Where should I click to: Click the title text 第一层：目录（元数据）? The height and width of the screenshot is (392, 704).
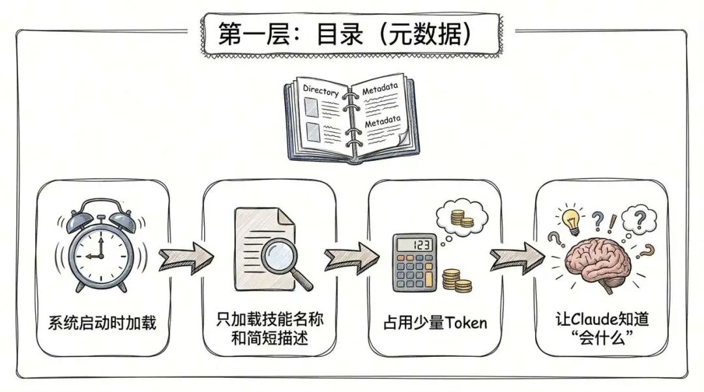click(x=351, y=34)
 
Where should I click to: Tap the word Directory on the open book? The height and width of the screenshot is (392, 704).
click(x=321, y=92)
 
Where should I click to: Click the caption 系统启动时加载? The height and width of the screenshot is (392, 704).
click(x=103, y=322)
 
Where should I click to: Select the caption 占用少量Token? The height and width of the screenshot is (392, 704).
click(x=435, y=322)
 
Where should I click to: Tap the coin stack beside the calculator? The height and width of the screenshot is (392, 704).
click(x=456, y=280)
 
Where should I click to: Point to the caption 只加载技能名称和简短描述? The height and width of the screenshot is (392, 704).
click(x=269, y=329)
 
